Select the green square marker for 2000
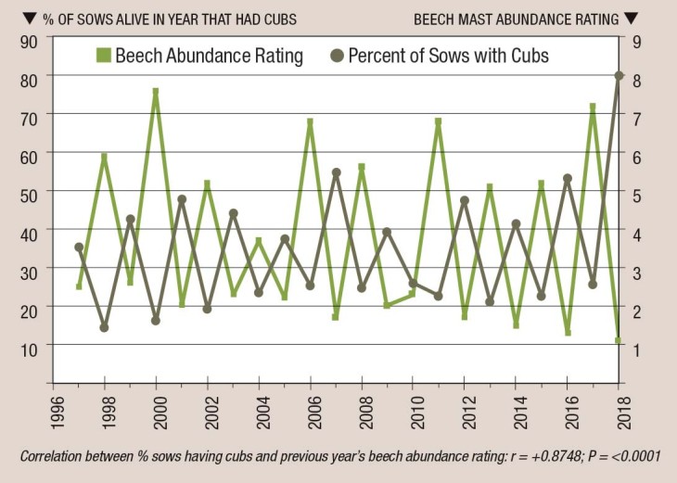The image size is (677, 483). [x=156, y=92]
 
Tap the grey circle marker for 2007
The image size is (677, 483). [x=336, y=172]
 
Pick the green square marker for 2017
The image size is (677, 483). [x=592, y=107]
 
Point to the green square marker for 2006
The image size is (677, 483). [x=311, y=121]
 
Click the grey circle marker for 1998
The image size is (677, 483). [x=104, y=327]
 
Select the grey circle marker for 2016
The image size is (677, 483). [x=567, y=178]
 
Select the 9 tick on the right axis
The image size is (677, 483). [x=636, y=39]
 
